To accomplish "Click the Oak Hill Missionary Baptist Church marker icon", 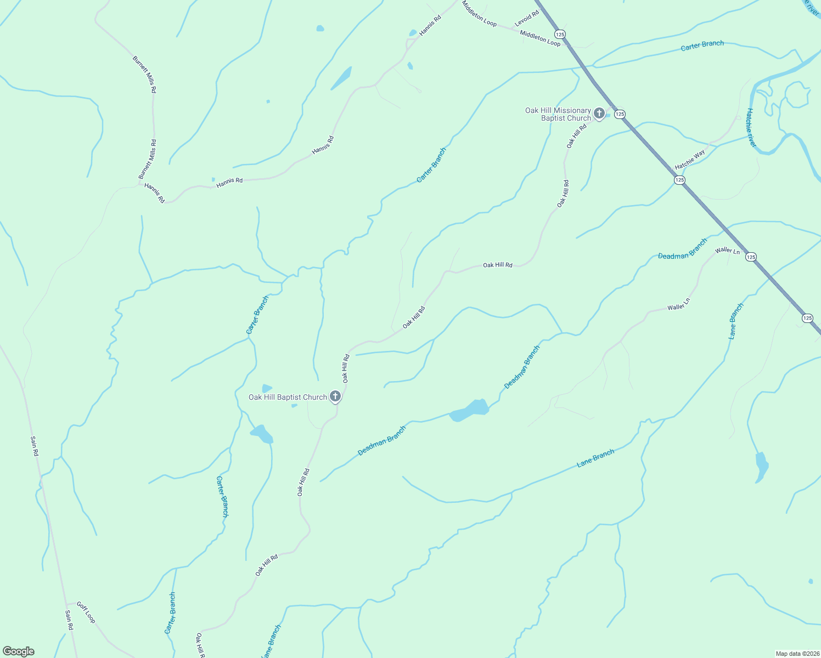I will click(599, 114).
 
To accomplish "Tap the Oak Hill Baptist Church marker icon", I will click(335, 397).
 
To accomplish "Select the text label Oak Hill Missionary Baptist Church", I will click(558, 114).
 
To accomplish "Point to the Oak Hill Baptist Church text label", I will click(288, 397).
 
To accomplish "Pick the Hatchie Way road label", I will click(690, 160).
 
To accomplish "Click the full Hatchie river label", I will click(751, 127).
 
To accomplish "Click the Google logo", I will click(19, 651).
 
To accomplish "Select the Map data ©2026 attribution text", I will click(797, 654).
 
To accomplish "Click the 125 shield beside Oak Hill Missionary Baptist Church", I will click(620, 114).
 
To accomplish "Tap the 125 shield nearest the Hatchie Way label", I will click(679, 180).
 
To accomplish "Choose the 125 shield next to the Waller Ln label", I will click(751, 257).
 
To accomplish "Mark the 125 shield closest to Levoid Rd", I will click(559, 34).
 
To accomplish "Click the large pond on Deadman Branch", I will click(469, 411).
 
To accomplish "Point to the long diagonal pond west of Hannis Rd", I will click(341, 78).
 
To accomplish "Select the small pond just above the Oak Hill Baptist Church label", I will click(267, 388).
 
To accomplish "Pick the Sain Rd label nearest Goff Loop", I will click(69, 620).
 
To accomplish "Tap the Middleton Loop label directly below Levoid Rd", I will click(540, 38).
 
